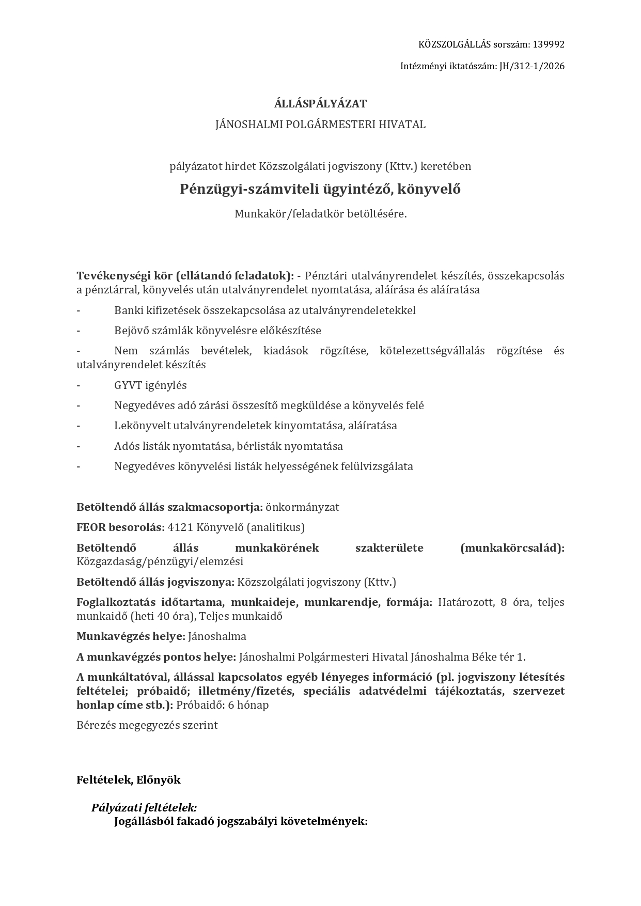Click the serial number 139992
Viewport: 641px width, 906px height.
tap(549, 44)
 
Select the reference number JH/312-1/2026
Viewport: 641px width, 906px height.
tap(531, 66)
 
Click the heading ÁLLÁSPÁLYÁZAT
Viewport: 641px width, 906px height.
tap(320, 104)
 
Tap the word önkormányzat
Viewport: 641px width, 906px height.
tap(302, 507)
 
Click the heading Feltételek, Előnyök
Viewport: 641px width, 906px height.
tap(129, 780)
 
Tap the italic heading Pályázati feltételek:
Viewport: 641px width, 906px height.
tap(144, 807)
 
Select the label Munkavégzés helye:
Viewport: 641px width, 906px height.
tap(131, 636)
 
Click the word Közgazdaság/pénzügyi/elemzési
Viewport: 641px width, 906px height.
tap(160, 561)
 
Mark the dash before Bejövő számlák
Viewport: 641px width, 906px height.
tap(79, 331)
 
